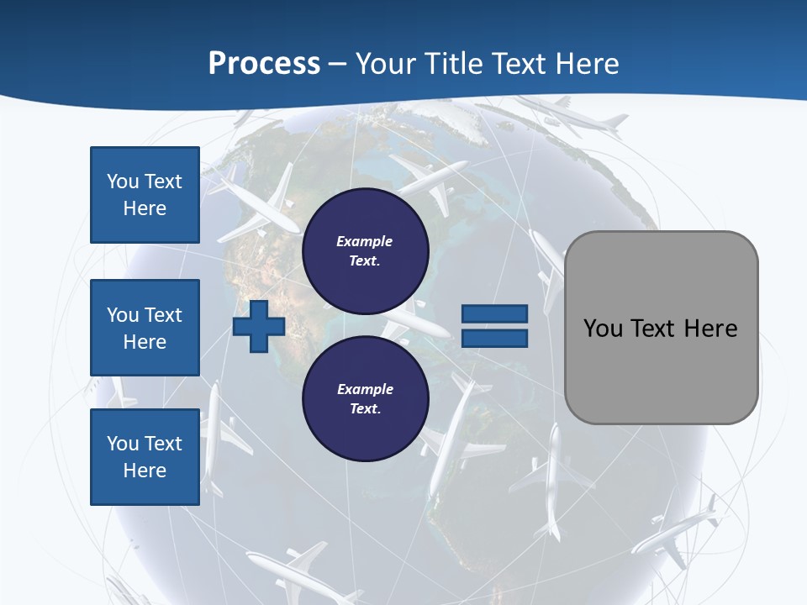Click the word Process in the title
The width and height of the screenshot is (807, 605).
(x=264, y=64)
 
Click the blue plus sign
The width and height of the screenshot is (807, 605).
(x=259, y=327)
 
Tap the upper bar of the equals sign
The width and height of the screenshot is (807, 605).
(x=494, y=313)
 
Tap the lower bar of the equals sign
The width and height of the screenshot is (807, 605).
(x=494, y=339)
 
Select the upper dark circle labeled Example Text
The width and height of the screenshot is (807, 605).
(x=366, y=250)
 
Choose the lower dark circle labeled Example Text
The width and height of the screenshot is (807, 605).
(x=366, y=398)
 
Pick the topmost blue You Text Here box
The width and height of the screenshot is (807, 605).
(x=145, y=195)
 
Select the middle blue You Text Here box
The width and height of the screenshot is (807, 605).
(x=145, y=328)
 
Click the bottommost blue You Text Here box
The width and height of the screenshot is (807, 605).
(x=145, y=457)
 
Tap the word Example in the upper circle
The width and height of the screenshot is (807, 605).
(x=365, y=241)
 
